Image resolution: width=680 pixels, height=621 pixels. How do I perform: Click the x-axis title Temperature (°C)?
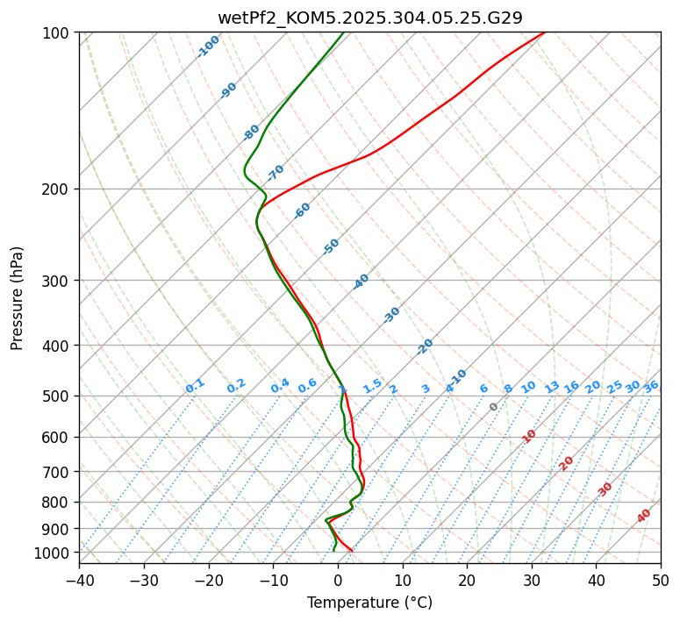[x=369, y=603]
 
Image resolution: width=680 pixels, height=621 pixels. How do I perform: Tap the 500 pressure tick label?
[x=57, y=396]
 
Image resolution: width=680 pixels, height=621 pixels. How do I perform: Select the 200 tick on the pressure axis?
[x=57, y=189]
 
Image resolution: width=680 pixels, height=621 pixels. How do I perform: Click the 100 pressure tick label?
[x=57, y=32]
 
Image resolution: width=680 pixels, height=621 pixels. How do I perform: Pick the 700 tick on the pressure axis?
[x=57, y=472]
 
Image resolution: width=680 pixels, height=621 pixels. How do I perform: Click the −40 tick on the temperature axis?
[x=79, y=580]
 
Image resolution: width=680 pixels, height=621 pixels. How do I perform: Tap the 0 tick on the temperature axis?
[x=338, y=580]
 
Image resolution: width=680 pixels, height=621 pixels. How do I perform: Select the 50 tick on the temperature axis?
[x=661, y=580]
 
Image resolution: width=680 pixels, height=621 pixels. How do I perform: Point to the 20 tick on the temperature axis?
[x=467, y=580]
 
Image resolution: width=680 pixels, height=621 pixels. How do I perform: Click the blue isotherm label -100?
[x=208, y=46]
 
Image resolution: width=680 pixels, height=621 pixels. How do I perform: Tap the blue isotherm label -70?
[x=276, y=172]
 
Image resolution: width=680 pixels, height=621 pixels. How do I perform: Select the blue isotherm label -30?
[x=391, y=314]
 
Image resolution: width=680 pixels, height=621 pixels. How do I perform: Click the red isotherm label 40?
[x=644, y=516]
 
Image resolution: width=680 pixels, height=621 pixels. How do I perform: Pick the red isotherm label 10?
[x=529, y=436]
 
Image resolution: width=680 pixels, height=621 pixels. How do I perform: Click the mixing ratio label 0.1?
[x=195, y=386]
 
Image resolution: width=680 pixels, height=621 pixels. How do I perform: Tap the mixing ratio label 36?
[x=651, y=386]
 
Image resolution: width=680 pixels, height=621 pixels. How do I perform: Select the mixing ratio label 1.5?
[x=372, y=386]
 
